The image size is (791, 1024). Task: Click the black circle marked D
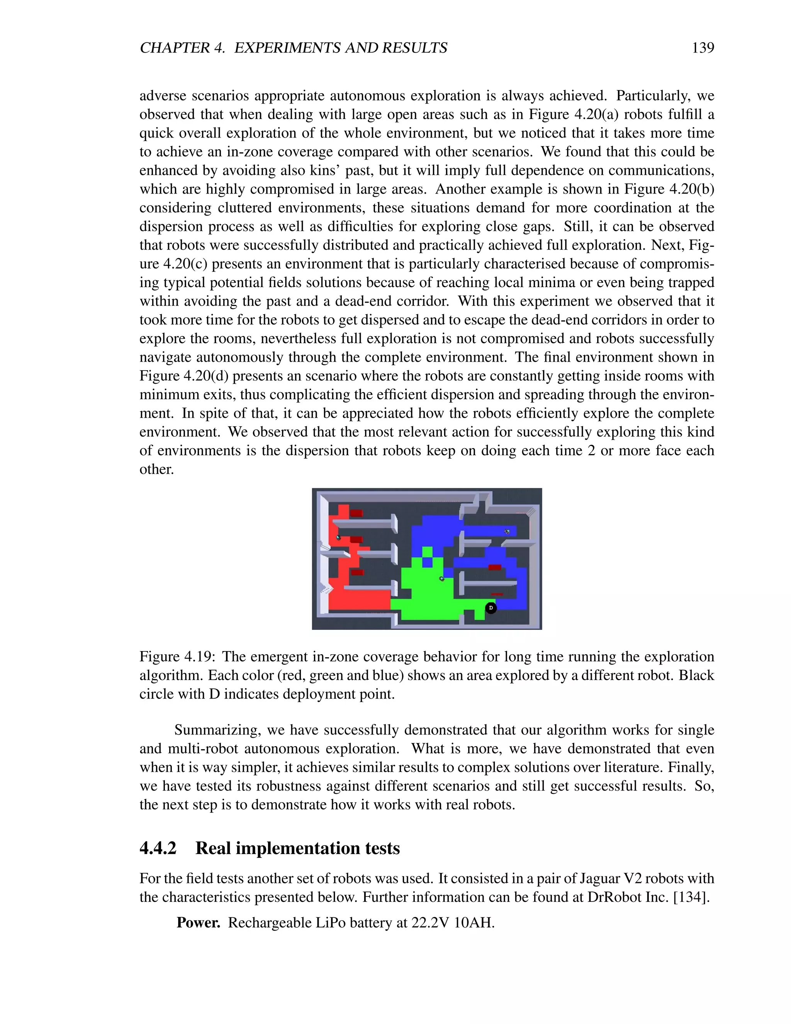tap(491, 608)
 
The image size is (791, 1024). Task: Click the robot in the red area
tap(338, 538)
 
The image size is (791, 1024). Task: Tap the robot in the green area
tap(441, 578)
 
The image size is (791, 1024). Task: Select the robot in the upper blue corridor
tap(507, 531)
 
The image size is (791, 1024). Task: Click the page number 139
tap(703, 48)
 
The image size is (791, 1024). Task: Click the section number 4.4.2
tap(158, 849)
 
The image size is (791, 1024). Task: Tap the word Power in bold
tap(198, 923)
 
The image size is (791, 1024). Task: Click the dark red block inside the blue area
tap(495, 567)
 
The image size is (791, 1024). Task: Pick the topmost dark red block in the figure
tap(356, 513)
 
